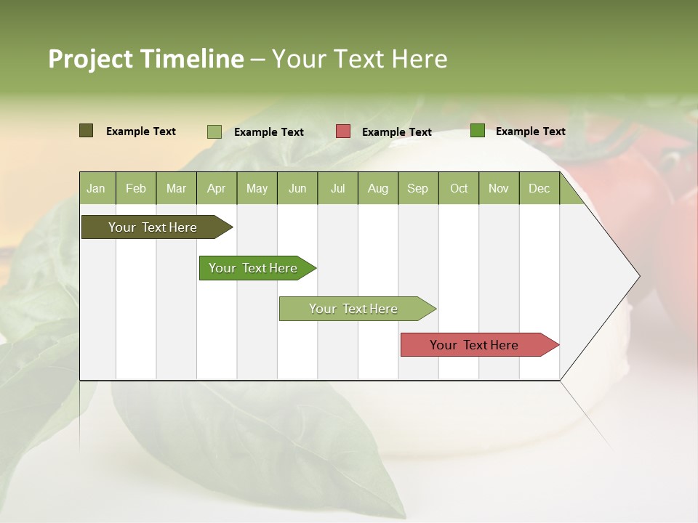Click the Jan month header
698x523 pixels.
[x=97, y=188]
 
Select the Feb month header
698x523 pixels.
[x=136, y=188]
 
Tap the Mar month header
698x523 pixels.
[x=176, y=188]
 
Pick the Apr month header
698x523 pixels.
[x=217, y=188]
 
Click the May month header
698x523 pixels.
[x=257, y=188]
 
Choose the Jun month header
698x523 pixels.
[x=297, y=188]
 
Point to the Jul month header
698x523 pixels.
[x=337, y=188]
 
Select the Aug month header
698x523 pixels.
[x=378, y=188]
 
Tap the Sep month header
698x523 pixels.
[x=418, y=188]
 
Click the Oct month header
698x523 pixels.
[x=459, y=188]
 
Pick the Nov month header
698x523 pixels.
[x=499, y=188]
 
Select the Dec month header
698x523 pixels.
[x=539, y=188]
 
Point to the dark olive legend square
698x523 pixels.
[x=87, y=131]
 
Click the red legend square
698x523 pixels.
[x=343, y=131]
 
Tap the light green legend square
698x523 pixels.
[x=214, y=131]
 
